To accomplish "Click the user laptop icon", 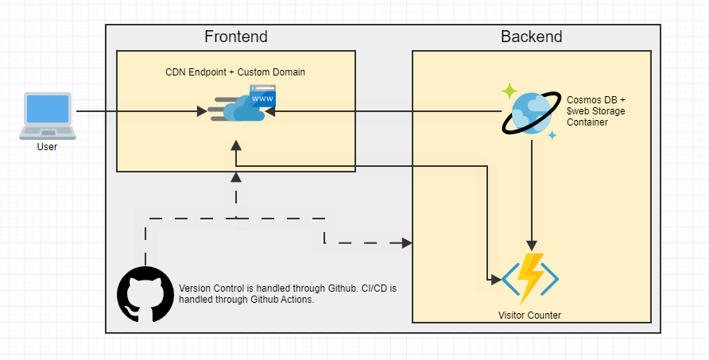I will pyautogui.click(x=47, y=116).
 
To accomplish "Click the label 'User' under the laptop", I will pyautogui.click(x=47, y=147).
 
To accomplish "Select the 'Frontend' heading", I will pyautogui.click(x=236, y=37).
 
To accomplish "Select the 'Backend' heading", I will pyautogui.click(x=531, y=37).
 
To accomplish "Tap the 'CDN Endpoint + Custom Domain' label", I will pyautogui.click(x=235, y=72).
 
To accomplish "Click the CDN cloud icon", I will pyautogui.click(x=238, y=110).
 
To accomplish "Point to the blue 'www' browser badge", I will pyautogui.click(x=262, y=96).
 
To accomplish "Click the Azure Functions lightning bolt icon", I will pyautogui.click(x=530, y=278).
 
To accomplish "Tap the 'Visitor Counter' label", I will pyautogui.click(x=529, y=315).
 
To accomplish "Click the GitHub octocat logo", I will pyautogui.click(x=145, y=294).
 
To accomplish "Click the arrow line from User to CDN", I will pyautogui.click(x=135, y=112).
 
